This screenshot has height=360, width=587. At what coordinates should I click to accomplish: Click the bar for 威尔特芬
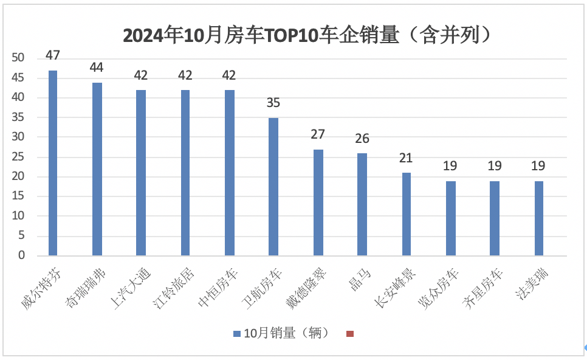tap(53, 163)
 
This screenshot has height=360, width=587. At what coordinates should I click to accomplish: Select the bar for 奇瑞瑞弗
tap(97, 169)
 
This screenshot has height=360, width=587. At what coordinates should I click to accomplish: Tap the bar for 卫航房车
tap(273, 187)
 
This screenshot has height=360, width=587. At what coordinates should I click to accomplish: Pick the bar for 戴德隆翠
tap(318, 202)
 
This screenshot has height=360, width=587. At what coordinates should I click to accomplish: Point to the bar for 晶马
tap(362, 204)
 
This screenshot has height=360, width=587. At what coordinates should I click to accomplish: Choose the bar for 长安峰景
tap(406, 214)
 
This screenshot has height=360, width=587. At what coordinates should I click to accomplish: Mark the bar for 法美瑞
tap(538, 218)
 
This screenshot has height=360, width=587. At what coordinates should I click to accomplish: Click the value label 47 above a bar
tap(53, 55)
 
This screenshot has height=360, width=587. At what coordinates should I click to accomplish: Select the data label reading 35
tap(273, 103)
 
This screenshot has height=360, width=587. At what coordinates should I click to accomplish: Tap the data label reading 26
tap(362, 139)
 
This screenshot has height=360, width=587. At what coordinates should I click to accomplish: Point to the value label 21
tap(406, 158)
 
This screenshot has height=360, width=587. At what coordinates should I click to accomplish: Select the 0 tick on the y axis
tap(21, 255)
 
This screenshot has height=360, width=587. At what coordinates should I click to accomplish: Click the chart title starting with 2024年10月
tap(306, 35)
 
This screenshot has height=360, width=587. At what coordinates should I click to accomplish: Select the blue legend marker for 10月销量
tap(236, 334)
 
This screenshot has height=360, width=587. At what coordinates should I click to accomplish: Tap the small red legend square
tap(349, 334)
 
